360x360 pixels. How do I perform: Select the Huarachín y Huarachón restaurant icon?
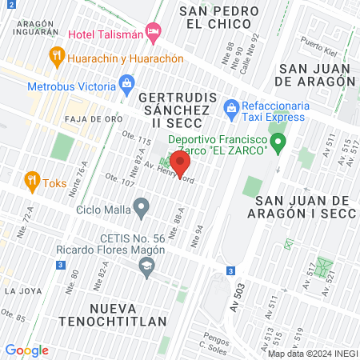pyautogui.click(x=56, y=56)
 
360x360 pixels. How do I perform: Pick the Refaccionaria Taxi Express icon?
pyautogui.click(x=231, y=106)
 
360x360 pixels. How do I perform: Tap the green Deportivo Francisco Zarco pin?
pyautogui.click(x=278, y=144)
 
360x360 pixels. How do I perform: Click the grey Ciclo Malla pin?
pyautogui.click(x=142, y=210)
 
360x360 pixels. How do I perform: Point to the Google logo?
pyautogui.click(x=27, y=350)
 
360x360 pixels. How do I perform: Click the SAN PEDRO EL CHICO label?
pyautogui.click(x=218, y=18)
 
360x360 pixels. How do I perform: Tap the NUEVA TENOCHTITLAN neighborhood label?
pyautogui.click(x=128, y=314)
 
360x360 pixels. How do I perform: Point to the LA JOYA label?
pyautogui.click(x=18, y=290)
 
